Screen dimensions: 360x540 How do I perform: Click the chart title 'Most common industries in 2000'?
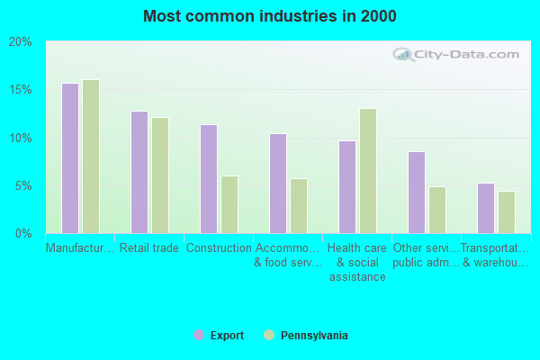[269, 16]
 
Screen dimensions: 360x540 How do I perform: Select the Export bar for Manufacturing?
[70, 158]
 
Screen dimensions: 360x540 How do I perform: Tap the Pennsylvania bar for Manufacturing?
[91, 157]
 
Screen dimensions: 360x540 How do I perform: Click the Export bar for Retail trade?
[139, 172]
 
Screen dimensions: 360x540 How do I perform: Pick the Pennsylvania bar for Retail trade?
[160, 175]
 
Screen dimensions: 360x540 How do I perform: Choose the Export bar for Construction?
[209, 179]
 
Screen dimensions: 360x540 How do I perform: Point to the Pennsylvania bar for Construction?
[229, 204]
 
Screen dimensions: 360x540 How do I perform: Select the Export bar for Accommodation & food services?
[278, 184]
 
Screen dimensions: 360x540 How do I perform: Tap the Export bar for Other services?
[417, 193]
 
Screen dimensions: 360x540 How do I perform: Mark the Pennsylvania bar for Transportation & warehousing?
[507, 212]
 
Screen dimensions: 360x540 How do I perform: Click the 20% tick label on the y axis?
[20, 42]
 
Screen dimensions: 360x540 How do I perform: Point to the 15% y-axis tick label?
[20, 90]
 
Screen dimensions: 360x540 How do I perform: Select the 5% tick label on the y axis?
[22, 186]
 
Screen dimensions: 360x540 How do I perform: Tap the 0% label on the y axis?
[22, 234]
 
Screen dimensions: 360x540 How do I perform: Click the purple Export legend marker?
[199, 335]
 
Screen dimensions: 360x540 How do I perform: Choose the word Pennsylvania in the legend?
[314, 336]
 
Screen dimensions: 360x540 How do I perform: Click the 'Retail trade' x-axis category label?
[149, 248]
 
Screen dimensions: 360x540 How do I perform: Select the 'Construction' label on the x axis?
[219, 248]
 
